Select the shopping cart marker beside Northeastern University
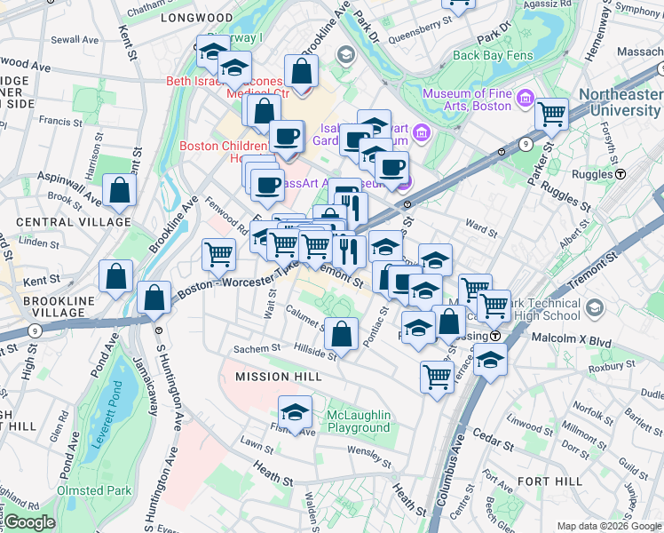pyautogui.click(x=552, y=115)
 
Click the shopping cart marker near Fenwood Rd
pyautogui.click(x=218, y=254)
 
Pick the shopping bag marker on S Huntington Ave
pyautogui.click(x=154, y=298)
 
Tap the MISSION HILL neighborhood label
pyautogui.click(x=277, y=377)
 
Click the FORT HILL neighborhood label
pyautogui.click(x=549, y=481)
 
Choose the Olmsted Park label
pyautogui.click(x=94, y=490)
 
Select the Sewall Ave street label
pyautogui.click(x=75, y=39)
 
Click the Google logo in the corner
pyautogui.click(x=28, y=522)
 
